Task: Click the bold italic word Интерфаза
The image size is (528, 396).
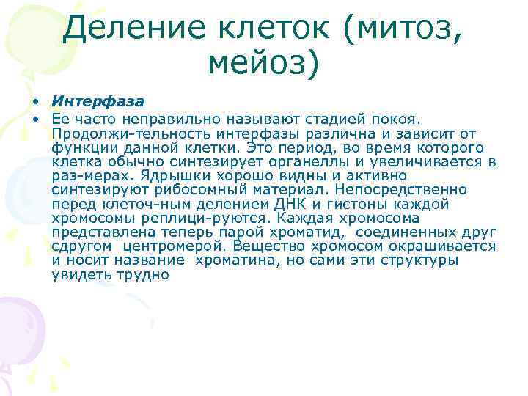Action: pos(98,100)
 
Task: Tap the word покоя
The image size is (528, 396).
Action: pos(393,119)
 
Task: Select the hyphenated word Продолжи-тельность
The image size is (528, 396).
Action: pos(117,133)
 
